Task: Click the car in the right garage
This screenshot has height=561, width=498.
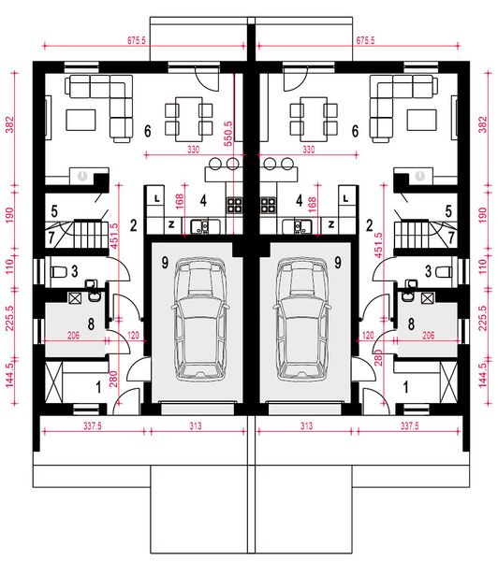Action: coord(301,319)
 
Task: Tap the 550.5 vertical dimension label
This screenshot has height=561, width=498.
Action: coord(228,134)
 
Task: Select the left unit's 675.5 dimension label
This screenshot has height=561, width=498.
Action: coord(137,40)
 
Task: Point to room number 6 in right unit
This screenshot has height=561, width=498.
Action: coord(355,131)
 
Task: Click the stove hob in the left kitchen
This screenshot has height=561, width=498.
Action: coord(234,206)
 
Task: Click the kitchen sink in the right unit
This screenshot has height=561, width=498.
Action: coord(297,227)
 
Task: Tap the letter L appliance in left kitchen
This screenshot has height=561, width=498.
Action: coord(156,198)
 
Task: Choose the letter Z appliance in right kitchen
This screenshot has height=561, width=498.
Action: coord(331,224)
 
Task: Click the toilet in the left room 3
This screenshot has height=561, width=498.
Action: coord(59,272)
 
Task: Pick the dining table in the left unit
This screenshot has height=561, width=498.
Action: coord(189,119)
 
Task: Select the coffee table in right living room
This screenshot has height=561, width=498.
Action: coord(421,121)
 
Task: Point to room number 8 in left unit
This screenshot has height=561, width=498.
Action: coord(91,324)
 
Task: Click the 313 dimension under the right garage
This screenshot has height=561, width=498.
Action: coord(306,426)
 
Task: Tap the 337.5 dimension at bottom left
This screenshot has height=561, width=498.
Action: coord(93,426)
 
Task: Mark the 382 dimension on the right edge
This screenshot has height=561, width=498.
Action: coord(483,124)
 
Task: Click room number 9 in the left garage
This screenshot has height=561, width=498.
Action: coord(165,262)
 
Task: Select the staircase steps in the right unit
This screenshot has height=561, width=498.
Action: coord(412,235)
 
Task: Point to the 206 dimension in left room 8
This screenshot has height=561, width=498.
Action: coord(73,336)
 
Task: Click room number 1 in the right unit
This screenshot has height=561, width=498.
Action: coord(406,387)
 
